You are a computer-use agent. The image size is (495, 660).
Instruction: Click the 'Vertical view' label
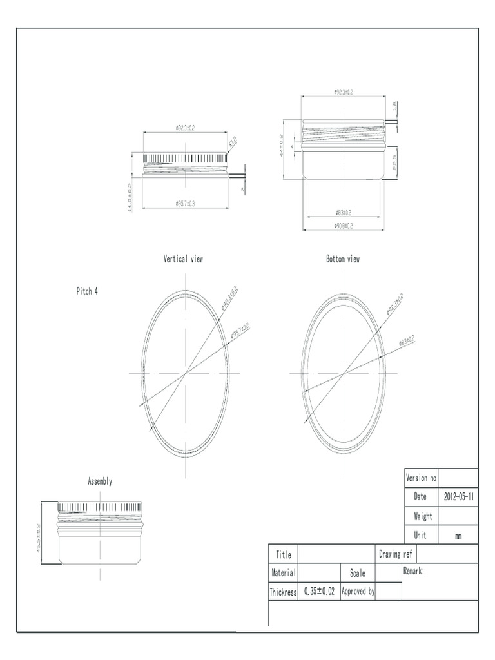pos(183,259)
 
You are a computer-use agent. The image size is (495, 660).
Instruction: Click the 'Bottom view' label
pos(343,259)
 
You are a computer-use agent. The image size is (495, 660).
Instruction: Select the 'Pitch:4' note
pos(87,291)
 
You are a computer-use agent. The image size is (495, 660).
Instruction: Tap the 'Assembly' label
pos(100,481)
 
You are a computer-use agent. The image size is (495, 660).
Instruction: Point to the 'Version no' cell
pos(421,478)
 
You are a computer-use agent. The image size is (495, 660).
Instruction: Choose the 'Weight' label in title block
pos(423,516)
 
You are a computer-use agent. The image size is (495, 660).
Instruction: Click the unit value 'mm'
pos(458,536)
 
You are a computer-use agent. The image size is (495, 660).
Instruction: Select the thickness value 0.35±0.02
pos(319,591)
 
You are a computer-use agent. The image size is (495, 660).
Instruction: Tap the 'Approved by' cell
pos(358,591)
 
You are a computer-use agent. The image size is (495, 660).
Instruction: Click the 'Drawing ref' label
pos(396,554)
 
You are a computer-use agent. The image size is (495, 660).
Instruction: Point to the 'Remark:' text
pos(414,571)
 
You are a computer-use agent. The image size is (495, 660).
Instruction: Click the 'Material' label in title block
pos(284,572)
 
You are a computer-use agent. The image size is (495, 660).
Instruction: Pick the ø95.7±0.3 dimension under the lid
pos(185,204)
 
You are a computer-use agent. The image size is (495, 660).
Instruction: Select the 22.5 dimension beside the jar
pos(394,162)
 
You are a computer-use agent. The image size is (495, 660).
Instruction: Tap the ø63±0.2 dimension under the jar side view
pos(344,212)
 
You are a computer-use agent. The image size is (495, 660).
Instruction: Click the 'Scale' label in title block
pos(358,572)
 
